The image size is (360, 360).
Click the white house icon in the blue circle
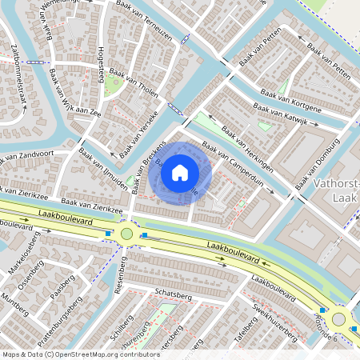click(x=180, y=172)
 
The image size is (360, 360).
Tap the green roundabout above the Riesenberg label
click(x=126, y=234)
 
